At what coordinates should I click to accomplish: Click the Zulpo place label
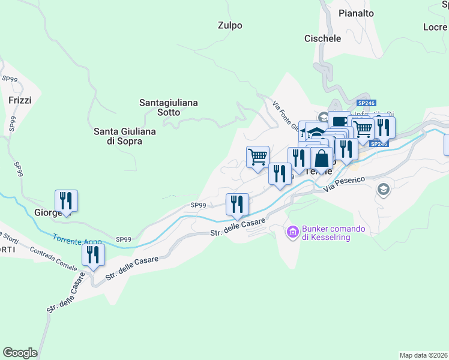click(230, 25)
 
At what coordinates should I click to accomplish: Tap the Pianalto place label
click(356, 13)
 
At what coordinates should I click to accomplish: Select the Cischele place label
click(322, 38)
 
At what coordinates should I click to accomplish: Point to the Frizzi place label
click(20, 100)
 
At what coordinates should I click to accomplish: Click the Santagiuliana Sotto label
click(169, 107)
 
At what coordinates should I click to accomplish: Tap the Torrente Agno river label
click(77, 240)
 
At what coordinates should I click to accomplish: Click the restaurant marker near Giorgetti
click(66, 201)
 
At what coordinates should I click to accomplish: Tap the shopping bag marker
click(322, 159)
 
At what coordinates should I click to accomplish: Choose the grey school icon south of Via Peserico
click(382, 190)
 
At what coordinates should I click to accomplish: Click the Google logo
click(20, 353)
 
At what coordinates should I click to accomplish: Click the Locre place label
click(435, 27)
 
